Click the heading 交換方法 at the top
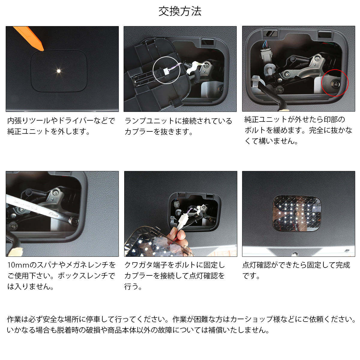[180, 11]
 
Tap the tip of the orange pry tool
[43, 50]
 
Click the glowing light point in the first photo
[59, 71]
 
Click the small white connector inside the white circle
[166, 71]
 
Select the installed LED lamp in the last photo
[297, 213]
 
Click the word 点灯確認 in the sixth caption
[256, 265]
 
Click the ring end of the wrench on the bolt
[74, 222]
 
